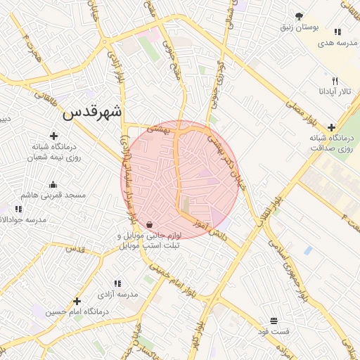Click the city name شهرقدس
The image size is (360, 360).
(x=92, y=112)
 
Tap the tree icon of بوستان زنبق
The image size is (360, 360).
(x=300, y=16)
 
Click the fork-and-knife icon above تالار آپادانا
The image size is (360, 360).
(x=335, y=81)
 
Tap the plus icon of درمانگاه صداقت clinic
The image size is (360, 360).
(x=332, y=127)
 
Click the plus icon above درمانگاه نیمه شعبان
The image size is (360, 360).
(x=53, y=136)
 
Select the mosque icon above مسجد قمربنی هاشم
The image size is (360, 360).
(x=53, y=185)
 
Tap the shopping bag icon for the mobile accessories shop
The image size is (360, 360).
(x=150, y=225)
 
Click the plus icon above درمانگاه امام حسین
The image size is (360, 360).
(x=77, y=301)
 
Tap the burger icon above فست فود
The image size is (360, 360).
(x=274, y=320)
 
